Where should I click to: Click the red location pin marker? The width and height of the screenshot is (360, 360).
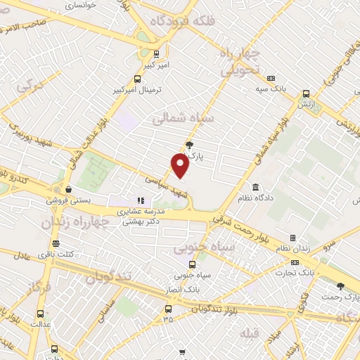[x=180, y=165]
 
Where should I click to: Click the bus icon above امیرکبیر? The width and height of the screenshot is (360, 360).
[x=156, y=53]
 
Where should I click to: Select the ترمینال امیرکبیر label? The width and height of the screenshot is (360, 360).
[x=138, y=91]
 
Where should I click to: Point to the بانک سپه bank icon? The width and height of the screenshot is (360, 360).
[x=271, y=78]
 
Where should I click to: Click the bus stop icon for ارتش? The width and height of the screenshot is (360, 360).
[x=305, y=93]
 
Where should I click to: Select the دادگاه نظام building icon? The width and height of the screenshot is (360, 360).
[x=255, y=188]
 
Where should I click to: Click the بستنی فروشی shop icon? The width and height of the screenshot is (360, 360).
[x=68, y=189]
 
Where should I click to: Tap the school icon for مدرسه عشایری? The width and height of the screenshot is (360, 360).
[x=140, y=200]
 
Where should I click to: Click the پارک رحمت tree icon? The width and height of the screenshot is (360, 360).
[x=342, y=286]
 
